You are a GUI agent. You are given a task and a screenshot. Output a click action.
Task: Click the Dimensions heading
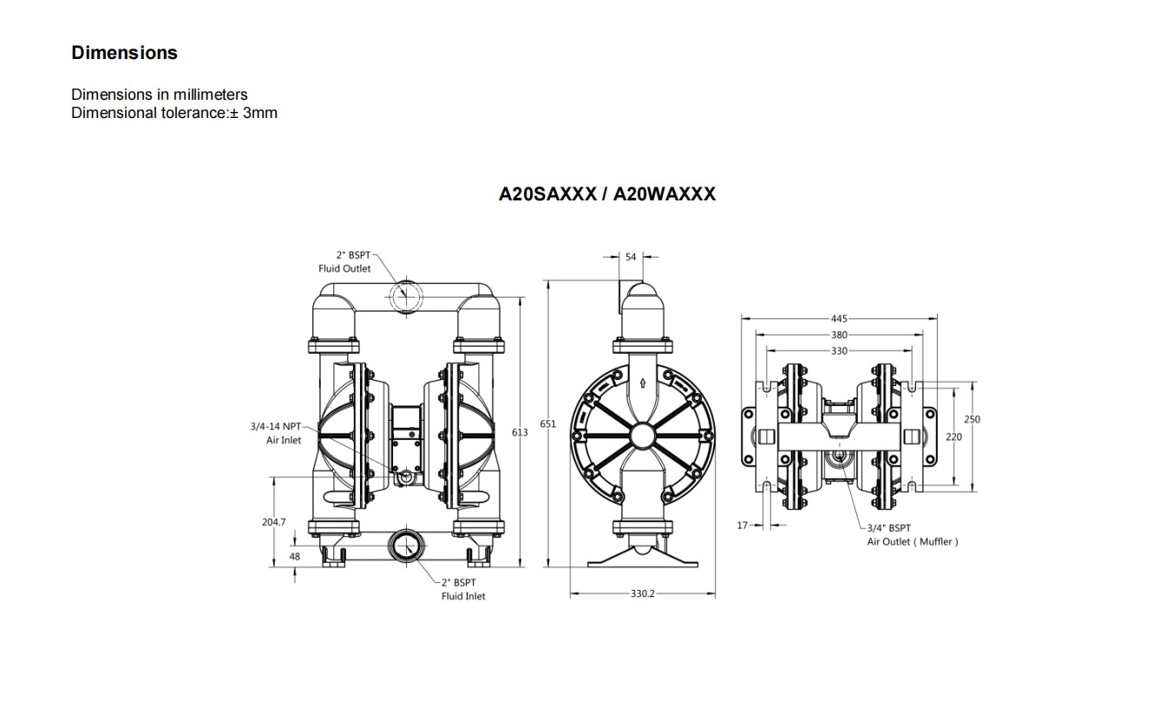[124, 52]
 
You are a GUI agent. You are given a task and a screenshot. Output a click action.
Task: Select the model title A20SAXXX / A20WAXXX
[607, 194]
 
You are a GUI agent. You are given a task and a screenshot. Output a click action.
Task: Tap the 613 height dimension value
[520, 433]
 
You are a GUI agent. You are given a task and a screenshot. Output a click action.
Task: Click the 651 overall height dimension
[547, 424]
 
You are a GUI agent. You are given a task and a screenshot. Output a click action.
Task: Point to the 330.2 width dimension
[642, 593]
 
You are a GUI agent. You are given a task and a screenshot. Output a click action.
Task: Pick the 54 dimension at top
[631, 257]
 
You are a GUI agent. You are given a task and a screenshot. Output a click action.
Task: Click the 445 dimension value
[839, 319]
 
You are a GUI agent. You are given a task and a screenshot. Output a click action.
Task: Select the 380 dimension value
[839, 335]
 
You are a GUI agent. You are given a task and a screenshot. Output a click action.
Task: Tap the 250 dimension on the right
[972, 419]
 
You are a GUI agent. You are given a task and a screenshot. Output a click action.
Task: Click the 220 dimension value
[953, 436]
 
